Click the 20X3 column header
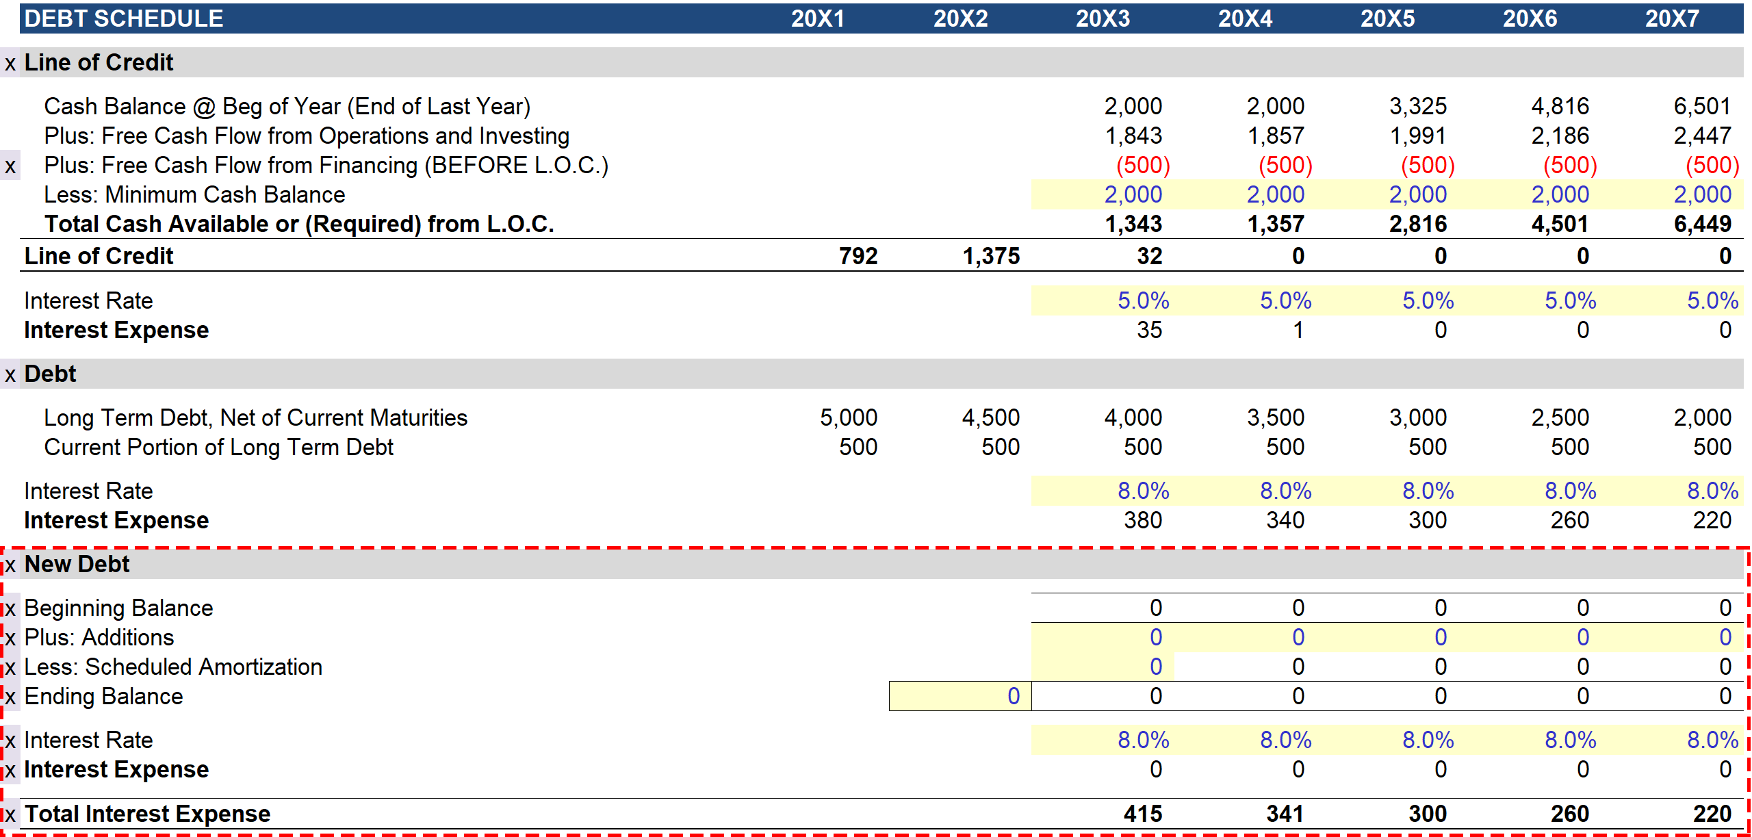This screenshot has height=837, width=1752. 1103,18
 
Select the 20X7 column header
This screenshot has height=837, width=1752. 1672,18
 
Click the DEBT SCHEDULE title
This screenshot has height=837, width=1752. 124,18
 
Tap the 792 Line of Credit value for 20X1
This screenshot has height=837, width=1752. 858,256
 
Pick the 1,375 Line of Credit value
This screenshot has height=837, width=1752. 991,256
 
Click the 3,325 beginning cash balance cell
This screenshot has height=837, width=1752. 1417,106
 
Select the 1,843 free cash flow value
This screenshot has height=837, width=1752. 1133,136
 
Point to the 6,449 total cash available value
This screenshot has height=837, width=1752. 1702,224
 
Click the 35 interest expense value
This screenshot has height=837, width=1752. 1149,330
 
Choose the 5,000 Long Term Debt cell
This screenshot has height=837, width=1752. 849,417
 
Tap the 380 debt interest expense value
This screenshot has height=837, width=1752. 1142,520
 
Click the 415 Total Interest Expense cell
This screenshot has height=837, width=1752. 1142,814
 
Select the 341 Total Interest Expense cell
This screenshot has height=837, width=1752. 1285,814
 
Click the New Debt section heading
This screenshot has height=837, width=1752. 77,564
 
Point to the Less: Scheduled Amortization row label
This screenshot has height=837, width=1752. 173,667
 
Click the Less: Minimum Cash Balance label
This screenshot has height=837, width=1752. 194,195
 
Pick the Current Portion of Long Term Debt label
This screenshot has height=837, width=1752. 218,447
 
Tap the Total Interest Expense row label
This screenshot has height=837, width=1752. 147,814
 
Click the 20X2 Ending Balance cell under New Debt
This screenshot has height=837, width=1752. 960,696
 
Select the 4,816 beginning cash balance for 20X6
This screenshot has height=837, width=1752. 1560,106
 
